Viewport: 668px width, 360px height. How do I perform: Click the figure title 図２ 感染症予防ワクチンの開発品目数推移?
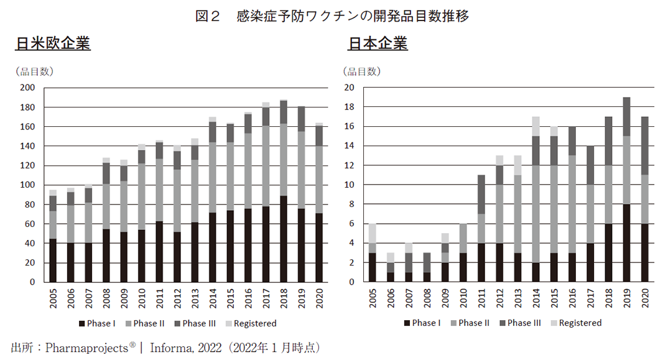[333, 16]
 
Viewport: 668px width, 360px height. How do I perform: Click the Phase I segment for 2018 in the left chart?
[284, 239]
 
